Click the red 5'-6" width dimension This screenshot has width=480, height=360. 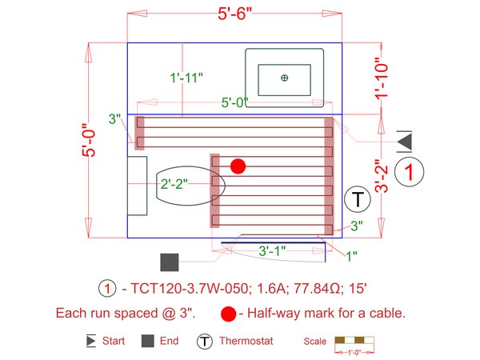pos(234,14)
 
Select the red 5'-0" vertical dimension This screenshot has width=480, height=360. pos(90,141)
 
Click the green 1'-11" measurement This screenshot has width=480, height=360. pos(186,78)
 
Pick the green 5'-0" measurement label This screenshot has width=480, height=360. pos(235,102)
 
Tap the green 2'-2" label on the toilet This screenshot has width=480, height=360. pos(174,184)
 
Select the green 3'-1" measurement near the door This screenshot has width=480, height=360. pos(273,250)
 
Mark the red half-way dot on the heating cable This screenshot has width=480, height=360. pos(238,166)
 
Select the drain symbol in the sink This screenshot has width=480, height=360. pos(284,77)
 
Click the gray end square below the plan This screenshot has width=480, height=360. pos(169,262)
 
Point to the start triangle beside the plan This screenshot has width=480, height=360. pos(405,141)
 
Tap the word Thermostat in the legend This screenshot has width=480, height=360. pos(246,342)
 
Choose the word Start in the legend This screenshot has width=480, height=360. pos(113,342)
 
